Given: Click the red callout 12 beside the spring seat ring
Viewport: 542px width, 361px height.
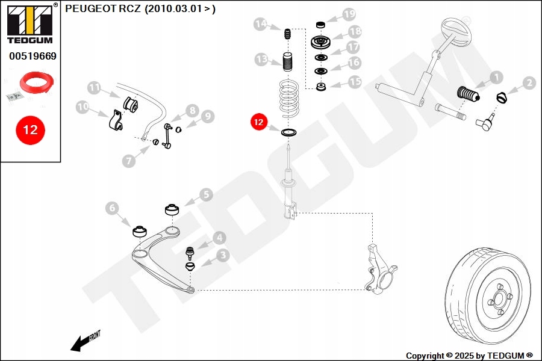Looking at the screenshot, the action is tap(258, 122).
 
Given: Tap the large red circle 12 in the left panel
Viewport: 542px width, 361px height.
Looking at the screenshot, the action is tap(30, 130).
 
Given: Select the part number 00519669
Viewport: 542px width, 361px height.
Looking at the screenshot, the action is tap(33, 56).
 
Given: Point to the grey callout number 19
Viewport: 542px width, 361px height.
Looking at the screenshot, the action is tap(349, 13).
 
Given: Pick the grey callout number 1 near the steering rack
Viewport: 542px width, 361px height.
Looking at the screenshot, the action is tap(496, 77).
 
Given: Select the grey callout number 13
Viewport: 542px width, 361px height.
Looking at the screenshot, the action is tap(261, 59).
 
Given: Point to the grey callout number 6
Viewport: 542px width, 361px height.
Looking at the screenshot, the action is tap(111, 208).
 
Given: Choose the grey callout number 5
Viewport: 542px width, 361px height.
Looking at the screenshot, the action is tap(206, 194).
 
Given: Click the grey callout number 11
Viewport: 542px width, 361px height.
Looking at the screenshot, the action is tap(94, 87).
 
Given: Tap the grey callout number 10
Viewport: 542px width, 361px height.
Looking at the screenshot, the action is tap(83, 107).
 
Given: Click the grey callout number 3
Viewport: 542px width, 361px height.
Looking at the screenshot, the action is tap(222, 255).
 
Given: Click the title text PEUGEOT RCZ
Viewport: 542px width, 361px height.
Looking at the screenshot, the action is tap(103, 9).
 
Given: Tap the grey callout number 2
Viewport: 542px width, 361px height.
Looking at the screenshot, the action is tap(529, 83).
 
